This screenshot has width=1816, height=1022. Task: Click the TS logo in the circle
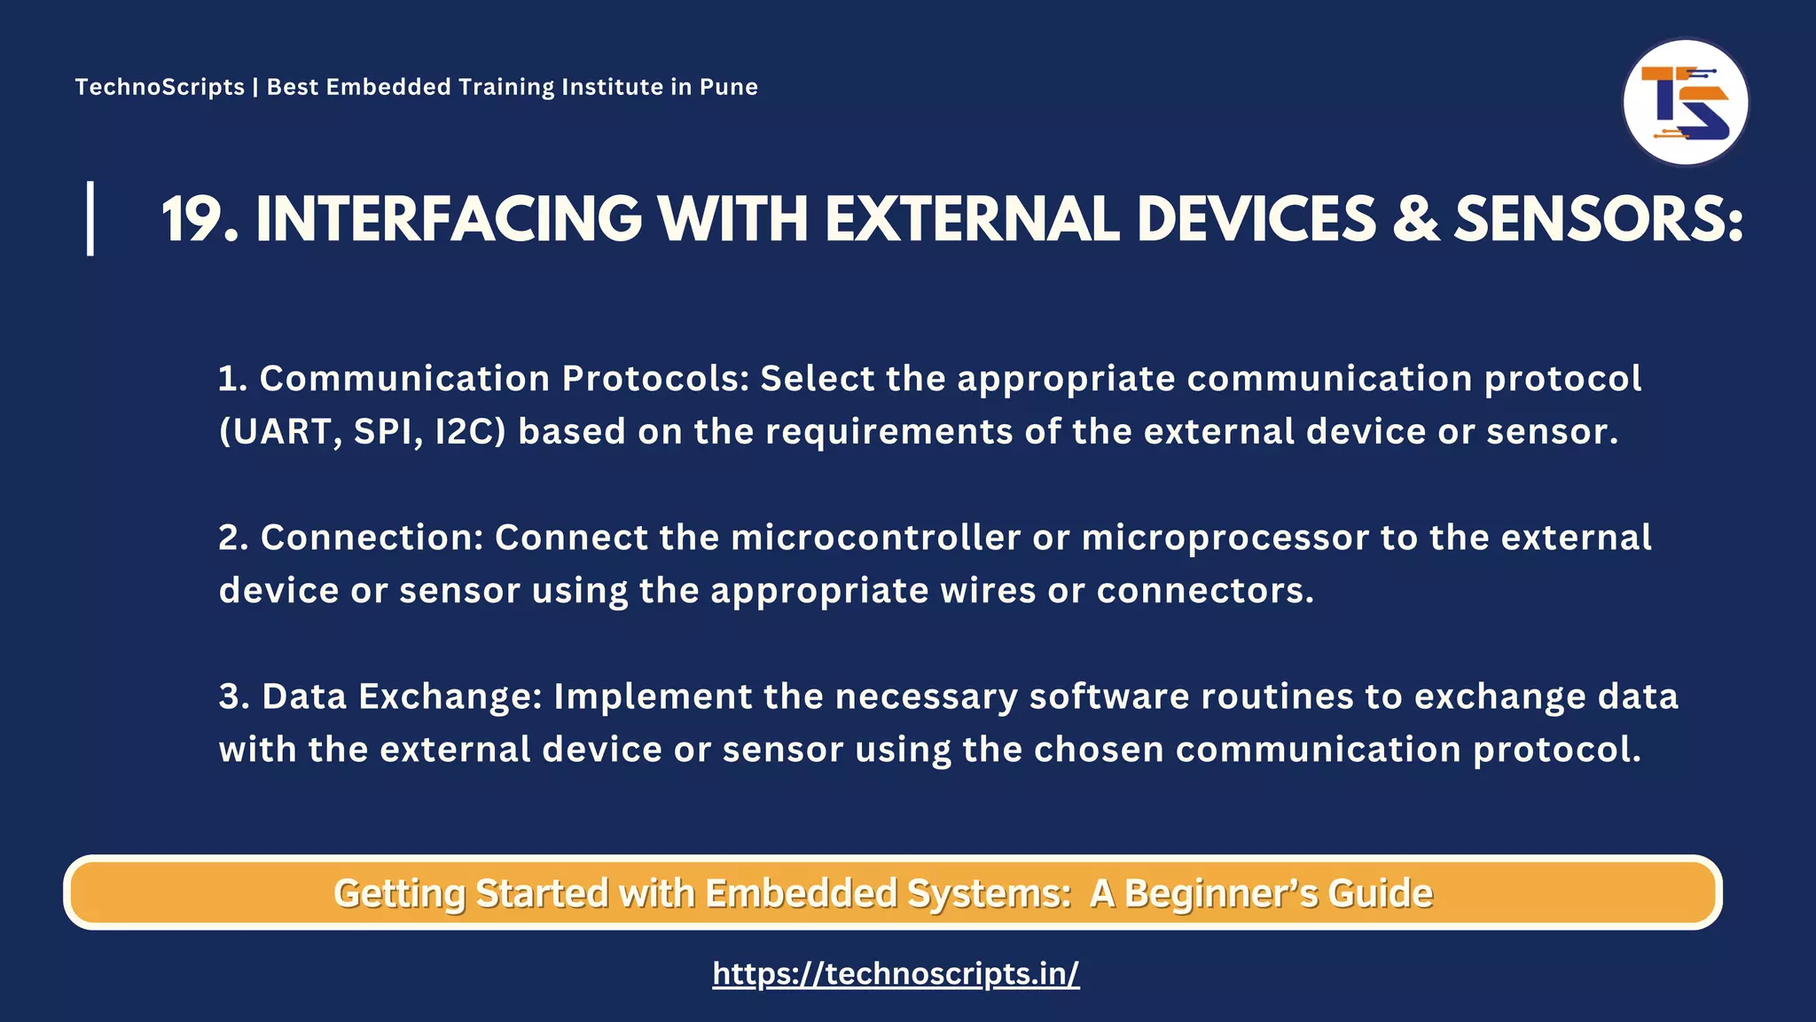pyautogui.click(x=1685, y=102)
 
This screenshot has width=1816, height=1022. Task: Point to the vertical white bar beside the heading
pyautogui.click(x=90, y=218)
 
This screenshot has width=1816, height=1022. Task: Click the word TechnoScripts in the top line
pyautogui.click(x=160, y=87)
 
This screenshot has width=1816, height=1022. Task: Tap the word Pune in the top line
pyautogui.click(x=728, y=87)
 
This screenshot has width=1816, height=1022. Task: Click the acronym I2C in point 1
pyautogui.click(x=469, y=432)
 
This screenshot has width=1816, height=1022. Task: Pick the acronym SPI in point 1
pyautogui.click(x=387, y=432)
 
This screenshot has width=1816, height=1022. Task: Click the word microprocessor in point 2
pyautogui.click(x=1225, y=539)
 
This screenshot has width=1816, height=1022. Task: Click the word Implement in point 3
pyautogui.click(x=653, y=696)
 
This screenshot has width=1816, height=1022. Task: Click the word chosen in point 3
pyautogui.click(x=1099, y=750)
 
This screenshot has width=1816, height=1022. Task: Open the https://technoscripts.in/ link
pyautogui.click(x=896, y=974)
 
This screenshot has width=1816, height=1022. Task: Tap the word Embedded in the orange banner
pyautogui.click(x=801, y=893)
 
